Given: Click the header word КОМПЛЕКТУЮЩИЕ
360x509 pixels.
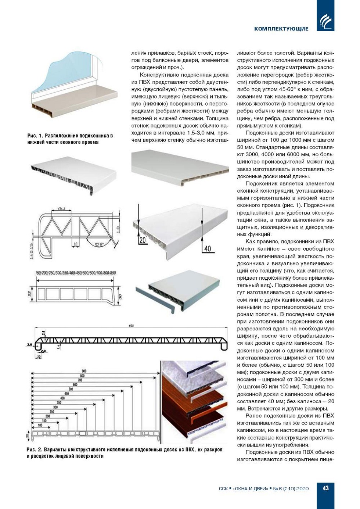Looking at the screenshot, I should click(281, 29).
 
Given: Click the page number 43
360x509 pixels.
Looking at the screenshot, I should click(325, 488).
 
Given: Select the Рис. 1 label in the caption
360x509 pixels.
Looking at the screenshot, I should click(35, 136).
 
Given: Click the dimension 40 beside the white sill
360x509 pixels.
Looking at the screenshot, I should click(208, 248).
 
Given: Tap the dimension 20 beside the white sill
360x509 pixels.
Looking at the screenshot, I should click(142, 240).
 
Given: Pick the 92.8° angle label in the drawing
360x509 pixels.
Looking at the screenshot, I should click(98, 244).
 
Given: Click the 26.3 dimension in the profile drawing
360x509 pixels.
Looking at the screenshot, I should click(61, 209).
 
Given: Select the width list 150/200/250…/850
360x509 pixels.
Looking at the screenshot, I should click(75, 273).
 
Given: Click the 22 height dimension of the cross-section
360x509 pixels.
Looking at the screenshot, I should click(30, 293).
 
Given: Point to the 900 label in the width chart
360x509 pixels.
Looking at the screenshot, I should click(84, 371).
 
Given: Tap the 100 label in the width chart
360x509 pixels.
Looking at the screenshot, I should click(40, 425).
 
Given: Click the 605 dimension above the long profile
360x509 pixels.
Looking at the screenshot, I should click(131, 326).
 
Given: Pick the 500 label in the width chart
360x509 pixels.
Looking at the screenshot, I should click(71, 389).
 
